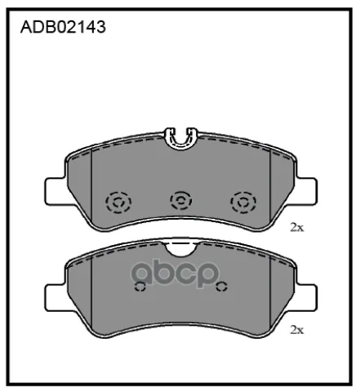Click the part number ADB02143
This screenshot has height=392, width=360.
pyautogui.click(x=63, y=27)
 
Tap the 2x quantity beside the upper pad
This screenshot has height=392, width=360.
pyautogui.click(x=296, y=227)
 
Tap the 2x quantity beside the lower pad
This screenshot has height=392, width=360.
pyautogui.click(x=296, y=330)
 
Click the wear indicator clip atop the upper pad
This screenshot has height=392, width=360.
pyautogui.click(x=181, y=139)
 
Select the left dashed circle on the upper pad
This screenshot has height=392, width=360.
pyautogui.click(x=118, y=203)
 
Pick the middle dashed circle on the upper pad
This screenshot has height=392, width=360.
pyautogui.click(x=181, y=201)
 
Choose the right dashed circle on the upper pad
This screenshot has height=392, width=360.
pyautogui.click(x=243, y=203)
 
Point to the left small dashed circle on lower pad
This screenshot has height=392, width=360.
pyautogui.click(x=140, y=287)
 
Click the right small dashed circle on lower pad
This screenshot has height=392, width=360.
pyautogui.click(x=221, y=287)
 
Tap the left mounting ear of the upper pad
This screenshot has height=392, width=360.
pyautogui.click(x=56, y=191)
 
